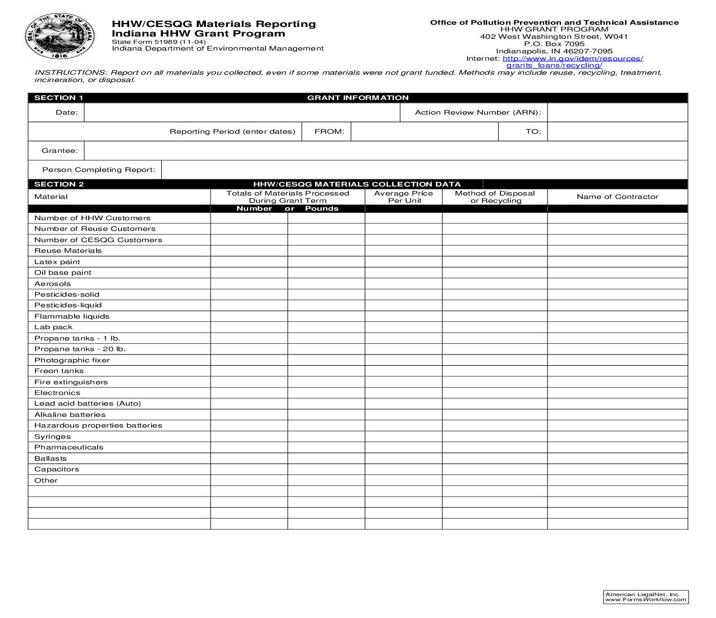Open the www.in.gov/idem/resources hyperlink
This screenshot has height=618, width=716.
point(572,58)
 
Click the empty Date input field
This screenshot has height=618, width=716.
point(241,113)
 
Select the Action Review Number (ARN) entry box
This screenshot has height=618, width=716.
point(617,113)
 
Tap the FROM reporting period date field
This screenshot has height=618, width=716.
point(425,132)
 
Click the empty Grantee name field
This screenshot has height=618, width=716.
point(385,151)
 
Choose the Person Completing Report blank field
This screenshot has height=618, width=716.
point(424,170)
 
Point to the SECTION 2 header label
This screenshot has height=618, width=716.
point(59,184)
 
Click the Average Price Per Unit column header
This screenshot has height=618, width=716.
point(403,197)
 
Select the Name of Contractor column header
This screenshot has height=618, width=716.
point(617,197)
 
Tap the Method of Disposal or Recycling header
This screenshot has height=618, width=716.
point(495,197)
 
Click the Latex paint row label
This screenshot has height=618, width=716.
point(57,262)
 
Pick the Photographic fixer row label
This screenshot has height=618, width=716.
point(72,360)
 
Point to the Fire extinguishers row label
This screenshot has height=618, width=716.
point(71,382)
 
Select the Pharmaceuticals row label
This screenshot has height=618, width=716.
point(69,448)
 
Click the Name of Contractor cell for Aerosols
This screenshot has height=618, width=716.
point(617,284)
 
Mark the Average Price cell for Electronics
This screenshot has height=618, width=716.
point(403,393)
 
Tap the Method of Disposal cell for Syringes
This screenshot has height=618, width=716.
point(495,437)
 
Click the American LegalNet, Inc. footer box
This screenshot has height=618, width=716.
point(646,597)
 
